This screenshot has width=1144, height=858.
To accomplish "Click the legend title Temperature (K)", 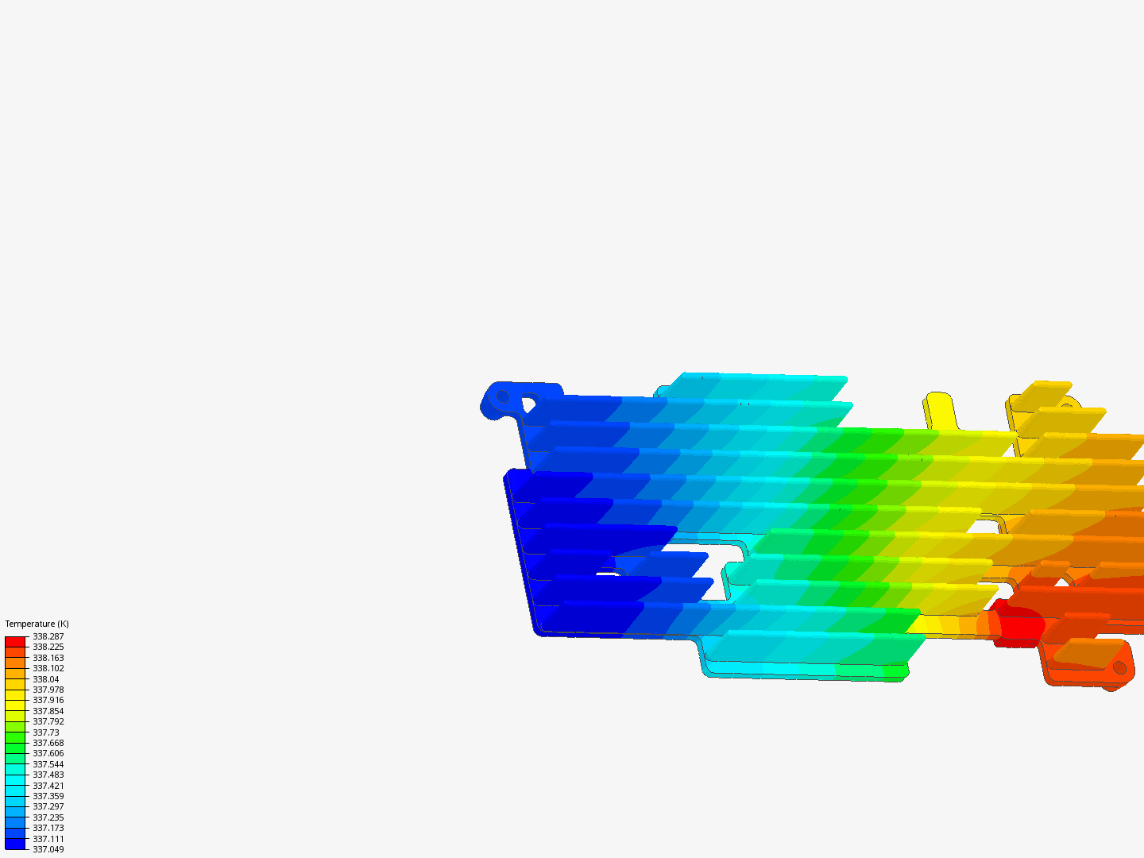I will [x=37, y=624].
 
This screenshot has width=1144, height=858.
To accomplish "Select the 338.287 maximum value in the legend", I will [x=48, y=636].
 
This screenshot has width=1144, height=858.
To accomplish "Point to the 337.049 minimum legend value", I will [x=48, y=849].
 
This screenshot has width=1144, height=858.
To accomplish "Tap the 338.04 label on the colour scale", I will [x=45, y=679].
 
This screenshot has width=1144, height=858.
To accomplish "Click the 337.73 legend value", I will [x=45, y=732].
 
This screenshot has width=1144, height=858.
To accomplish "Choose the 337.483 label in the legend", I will [x=48, y=775].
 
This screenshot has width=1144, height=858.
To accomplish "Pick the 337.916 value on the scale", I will [x=48, y=700].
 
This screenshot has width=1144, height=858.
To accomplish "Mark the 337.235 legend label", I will [x=48, y=817].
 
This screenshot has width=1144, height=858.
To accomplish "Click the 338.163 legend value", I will [x=48, y=658].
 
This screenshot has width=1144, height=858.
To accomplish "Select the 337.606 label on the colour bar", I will [x=48, y=753].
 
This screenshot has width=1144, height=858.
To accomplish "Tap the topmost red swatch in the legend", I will [x=15, y=641].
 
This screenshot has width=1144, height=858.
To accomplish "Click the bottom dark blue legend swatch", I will [x=15, y=844].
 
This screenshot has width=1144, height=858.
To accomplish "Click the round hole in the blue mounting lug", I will [x=503, y=396].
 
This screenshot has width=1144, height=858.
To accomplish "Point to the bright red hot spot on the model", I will [x=1021, y=626].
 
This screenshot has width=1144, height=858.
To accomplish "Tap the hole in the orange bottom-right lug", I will [x=1119, y=667].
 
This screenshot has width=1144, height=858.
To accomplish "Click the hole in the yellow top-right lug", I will [x=1067, y=405].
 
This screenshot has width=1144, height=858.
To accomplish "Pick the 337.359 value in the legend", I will [x=48, y=796].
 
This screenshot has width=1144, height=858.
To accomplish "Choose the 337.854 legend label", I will [x=48, y=711].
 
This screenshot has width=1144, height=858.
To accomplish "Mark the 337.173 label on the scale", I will [x=48, y=828].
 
